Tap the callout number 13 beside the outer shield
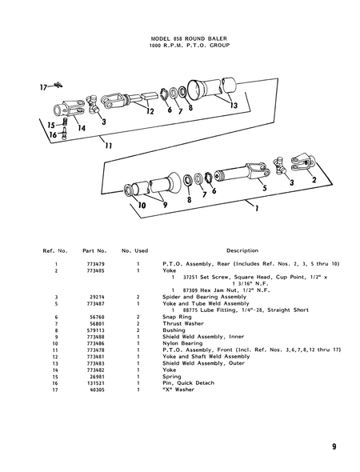233,106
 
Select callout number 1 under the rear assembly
255,214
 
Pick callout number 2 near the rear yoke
314,180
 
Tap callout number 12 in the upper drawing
150,112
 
